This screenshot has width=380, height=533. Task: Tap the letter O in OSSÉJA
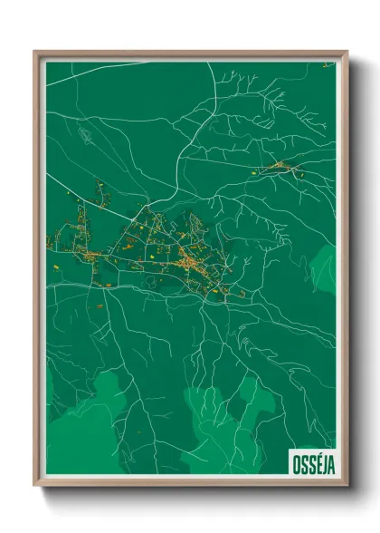click(294, 462)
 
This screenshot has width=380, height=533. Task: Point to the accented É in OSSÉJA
click(312, 461)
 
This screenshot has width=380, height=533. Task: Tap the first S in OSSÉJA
click(300, 462)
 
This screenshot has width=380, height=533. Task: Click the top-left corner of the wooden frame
click(35, 52)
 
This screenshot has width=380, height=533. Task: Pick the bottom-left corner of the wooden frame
click(35, 486)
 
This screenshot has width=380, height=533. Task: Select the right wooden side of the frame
click(344, 272)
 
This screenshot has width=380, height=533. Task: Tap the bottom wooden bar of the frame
click(190, 484)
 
